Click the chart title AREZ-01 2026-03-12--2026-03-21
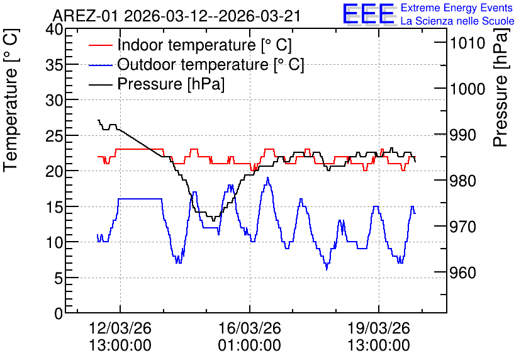[x=176, y=16]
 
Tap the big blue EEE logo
[x=369, y=14]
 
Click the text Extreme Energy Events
[x=457, y=8]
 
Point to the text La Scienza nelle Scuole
[x=457, y=21]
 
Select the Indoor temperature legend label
[x=204, y=45]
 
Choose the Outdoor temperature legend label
[x=211, y=64]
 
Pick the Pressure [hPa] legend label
[x=171, y=84]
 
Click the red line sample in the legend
[x=100, y=45]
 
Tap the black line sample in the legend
[x=100, y=84]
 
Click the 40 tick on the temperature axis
[x=54, y=29]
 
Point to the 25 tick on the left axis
[x=54, y=135]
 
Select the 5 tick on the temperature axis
[x=59, y=278]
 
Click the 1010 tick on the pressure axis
[x=467, y=43]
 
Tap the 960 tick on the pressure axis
[x=462, y=273]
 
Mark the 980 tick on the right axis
[x=462, y=181]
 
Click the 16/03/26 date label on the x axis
[x=250, y=328]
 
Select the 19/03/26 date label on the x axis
[x=379, y=328]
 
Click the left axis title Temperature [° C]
[x=11, y=100]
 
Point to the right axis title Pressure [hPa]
[x=501, y=87]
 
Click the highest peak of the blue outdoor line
[x=267, y=177]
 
